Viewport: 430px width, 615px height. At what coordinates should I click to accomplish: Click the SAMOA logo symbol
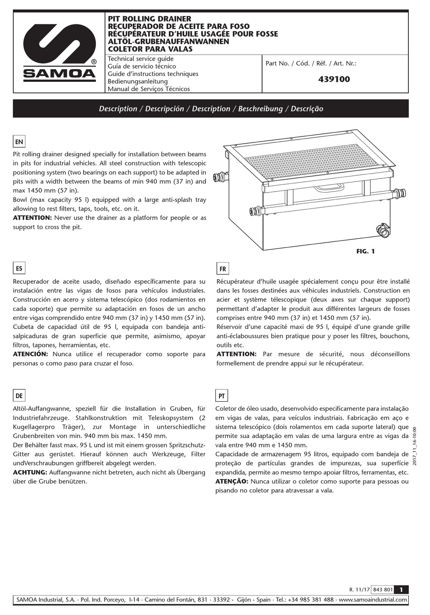pyautogui.click(x=59, y=44)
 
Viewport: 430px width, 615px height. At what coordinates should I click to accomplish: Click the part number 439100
pyautogui.click(x=334, y=79)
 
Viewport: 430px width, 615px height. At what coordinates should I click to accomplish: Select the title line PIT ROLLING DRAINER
pyautogui.click(x=149, y=19)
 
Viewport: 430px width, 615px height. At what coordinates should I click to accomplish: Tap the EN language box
pyautogui.click(x=19, y=141)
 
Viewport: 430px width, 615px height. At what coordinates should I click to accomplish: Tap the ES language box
pyautogui.click(x=19, y=268)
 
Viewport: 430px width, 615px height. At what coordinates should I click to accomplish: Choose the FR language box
pyautogui.click(x=222, y=269)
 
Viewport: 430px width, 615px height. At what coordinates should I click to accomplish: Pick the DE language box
pyautogui.click(x=19, y=395)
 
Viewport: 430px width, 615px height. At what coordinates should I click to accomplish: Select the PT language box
pyautogui.click(x=221, y=396)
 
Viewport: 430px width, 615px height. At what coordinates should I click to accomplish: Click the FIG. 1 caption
pyautogui.click(x=365, y=251)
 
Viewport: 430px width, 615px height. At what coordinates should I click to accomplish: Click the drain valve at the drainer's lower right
pyautogui.click(x=383, y=230)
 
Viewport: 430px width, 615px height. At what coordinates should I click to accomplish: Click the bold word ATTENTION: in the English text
pyautogui.click(x=32, y=218)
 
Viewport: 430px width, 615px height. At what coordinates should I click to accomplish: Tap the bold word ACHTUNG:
pyautogui.click(x=30, y=472)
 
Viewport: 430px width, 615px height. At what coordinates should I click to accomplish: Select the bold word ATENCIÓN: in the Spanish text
pyautogui.click(x=30, y=354)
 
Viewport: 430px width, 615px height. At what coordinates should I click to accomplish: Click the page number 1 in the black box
pyautogui.click(x=401, y=589)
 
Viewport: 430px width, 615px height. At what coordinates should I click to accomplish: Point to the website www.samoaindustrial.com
pyautogui.click(x=373, y=600)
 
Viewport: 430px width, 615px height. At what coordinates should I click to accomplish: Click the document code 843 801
pyautogui.click(x=382, y=590)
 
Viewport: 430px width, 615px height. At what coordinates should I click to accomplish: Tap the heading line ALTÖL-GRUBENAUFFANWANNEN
pyautogui.click(x=168, y=42)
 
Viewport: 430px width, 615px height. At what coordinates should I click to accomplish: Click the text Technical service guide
pyautogui.click(x=140, y=59)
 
